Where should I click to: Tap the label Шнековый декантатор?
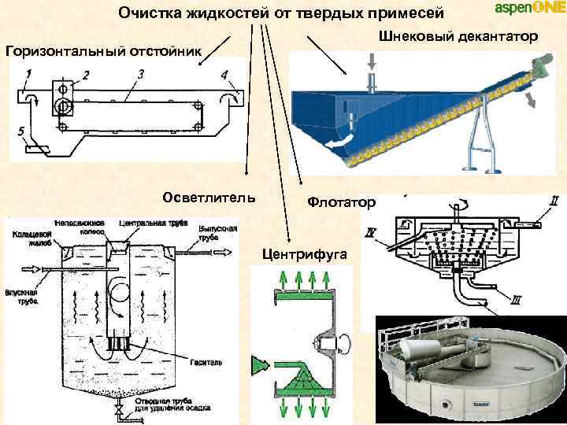click(458, 36)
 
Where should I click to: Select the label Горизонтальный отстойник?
click(103, 51)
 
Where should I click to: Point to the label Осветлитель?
click(208, 197)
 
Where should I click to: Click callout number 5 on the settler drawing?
click(21, 130)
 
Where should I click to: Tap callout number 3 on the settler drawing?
click(139, 74)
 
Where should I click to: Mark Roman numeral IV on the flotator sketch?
click(370, 233)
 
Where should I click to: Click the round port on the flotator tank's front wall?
click(447, 404)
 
